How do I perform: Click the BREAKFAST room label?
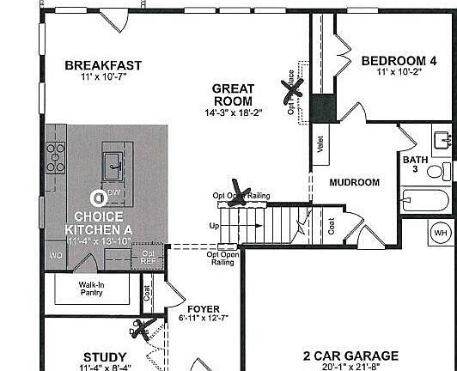[102, 65]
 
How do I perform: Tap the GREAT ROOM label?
[233, 94]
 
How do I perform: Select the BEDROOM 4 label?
[399, 60]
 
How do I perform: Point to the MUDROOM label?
[354, 182]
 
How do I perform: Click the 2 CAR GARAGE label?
[350, 356]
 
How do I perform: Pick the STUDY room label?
[105, 356]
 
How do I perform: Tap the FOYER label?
[204, 309]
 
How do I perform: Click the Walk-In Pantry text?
[91, 288]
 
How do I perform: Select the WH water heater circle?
[441, 232]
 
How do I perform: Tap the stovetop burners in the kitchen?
[56, 158]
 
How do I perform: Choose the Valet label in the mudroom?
[320, 144]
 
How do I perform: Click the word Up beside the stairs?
[214, 226]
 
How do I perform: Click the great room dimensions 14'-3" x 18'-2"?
[233, 113]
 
